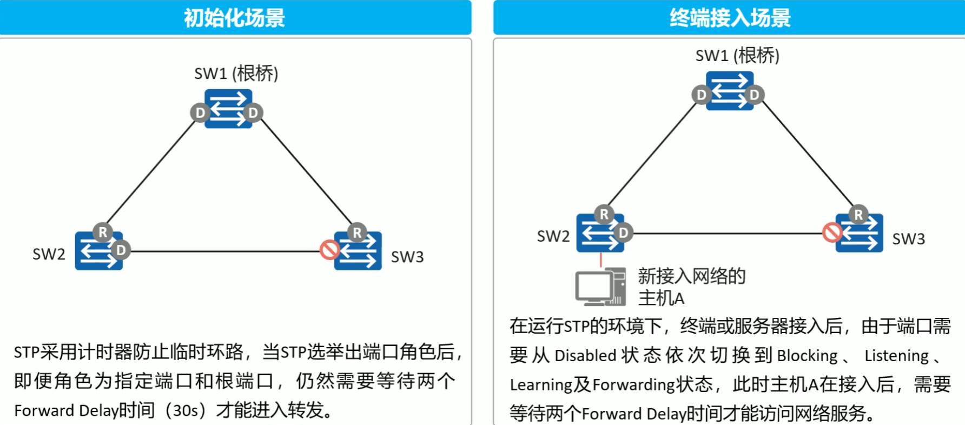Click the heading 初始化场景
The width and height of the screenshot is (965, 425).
[234, 18]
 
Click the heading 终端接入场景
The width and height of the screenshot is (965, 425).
[730, 18]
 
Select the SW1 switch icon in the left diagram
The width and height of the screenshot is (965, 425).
[228, 109]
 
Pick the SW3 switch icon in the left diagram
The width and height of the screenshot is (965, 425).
[358, 251]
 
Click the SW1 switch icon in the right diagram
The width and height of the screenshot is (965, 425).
[729, 91]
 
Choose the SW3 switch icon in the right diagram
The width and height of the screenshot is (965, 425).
[860, 233]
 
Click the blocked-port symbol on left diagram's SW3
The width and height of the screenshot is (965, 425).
[329, 250]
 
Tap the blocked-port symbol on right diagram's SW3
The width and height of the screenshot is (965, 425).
[832, 233]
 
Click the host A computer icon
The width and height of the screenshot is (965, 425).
[599, 287]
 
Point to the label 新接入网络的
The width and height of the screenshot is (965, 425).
[691, 276]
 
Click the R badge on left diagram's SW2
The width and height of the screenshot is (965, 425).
[102, 233]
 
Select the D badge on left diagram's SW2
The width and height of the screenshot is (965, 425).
[121, 250]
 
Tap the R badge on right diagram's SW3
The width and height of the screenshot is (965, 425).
[858, 215]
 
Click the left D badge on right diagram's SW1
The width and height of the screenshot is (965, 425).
[702, 95]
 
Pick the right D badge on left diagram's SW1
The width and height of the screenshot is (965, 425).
[253, 113]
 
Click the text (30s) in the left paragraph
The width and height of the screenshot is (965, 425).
[186, 410]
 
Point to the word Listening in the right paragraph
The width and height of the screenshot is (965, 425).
[896, 356]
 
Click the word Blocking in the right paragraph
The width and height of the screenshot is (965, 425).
[807, 356]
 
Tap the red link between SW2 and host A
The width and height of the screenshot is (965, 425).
[600, 260]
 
